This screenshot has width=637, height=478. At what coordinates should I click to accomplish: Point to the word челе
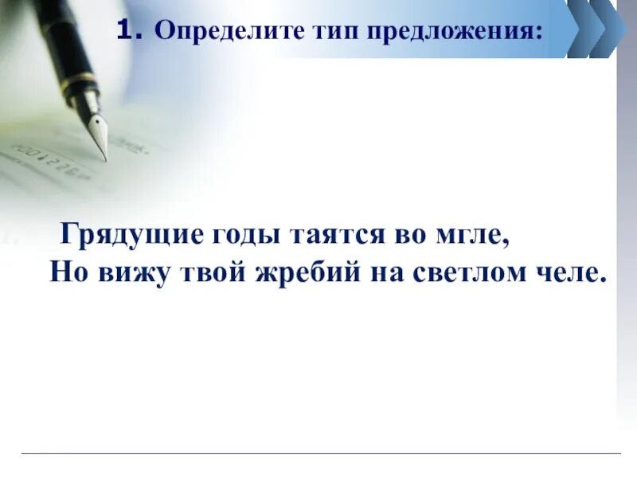(x=567, y=272)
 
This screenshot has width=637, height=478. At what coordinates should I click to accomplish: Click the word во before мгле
(x=409, y=236)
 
